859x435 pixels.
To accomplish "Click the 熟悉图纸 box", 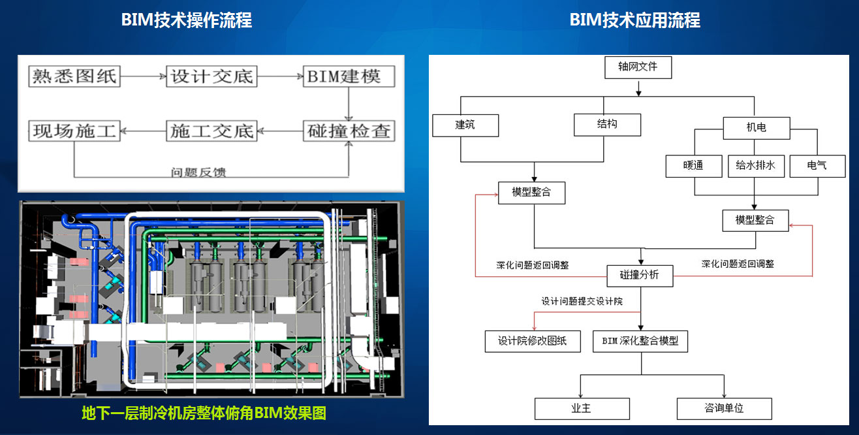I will (74, 76).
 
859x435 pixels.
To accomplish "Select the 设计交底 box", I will (210, 76).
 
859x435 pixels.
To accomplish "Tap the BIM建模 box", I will (350, 76).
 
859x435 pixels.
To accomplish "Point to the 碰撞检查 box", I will (350, 131).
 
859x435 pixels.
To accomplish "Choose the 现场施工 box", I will (74, 131).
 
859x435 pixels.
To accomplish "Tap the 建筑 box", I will (465, 125).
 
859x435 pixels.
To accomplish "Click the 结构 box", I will (607, 125).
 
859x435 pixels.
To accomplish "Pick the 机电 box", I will (756, 128).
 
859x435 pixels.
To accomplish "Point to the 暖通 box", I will (694, 166).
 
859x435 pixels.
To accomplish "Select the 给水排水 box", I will (755, 166).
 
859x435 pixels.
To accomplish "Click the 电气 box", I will (817, 166).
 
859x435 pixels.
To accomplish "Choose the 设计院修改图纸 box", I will (533, 341).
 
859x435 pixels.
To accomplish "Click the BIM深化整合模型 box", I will (640, 341).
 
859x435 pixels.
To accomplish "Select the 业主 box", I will (582, 408).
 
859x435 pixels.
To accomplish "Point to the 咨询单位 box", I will (724, 408).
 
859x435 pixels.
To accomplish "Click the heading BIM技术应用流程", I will (635, 20).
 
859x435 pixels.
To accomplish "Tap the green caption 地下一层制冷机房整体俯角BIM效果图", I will (204, 413).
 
